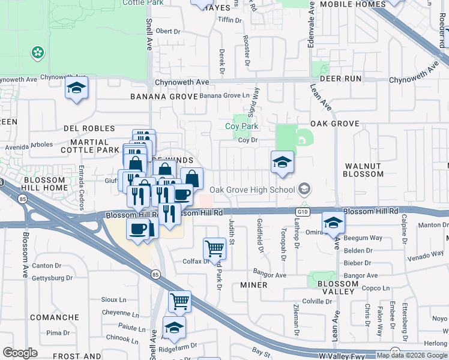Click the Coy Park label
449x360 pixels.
click(x=241, y=127)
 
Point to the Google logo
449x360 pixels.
click(x=20, y=353)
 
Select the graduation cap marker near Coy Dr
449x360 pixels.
click(x=282, y=162)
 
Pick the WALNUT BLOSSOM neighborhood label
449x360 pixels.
click(x=363, y=169)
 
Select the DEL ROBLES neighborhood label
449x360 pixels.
click(x=89, y=128)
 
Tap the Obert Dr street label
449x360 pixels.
click(x=168, y=31)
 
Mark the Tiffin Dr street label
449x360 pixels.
click(x=229, y=20)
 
